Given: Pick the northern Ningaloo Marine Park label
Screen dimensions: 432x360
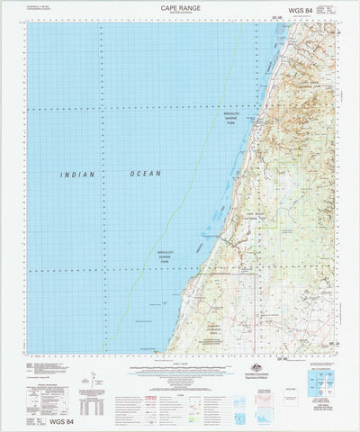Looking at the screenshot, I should (x=233, y=119).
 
